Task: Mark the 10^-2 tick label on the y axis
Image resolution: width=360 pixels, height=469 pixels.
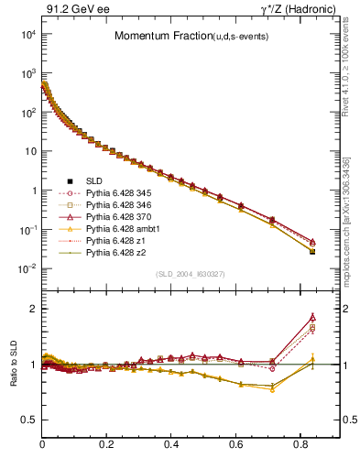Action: (27, 268)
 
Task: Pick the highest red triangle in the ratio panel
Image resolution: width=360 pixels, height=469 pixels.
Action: (312, 317)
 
